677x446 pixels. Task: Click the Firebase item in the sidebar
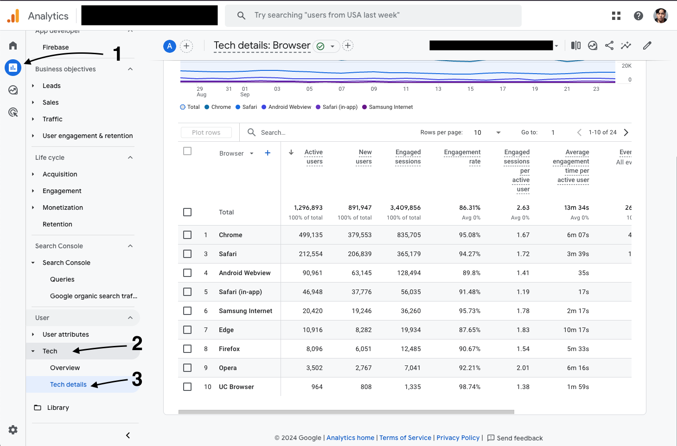(x=56, y=47)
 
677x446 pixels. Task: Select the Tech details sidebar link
(x=68, y=384)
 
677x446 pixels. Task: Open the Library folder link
(x=58, y=408)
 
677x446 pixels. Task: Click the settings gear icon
(x=13, y=430)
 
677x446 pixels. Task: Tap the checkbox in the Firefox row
(x=187, y=349)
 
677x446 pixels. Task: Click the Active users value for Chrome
(x=311, y=235)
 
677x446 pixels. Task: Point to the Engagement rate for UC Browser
(x=469, y=387)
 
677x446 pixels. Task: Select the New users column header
(x=364, y=157)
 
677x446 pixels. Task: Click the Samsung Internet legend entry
(x=390, y=107)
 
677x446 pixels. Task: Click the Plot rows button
(x=206, y=132)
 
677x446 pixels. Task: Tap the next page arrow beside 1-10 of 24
(x=626, y=132)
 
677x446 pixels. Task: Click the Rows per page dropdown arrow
(x=498, y=132)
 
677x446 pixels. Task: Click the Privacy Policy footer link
(x=458, y=438)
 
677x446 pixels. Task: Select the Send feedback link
(x=519, y=438)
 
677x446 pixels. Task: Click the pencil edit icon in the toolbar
(x=647, y=45)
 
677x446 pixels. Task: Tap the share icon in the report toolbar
(x=609, y=45)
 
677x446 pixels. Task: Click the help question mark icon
(x=639, y=16)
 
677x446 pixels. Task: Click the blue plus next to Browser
(x=268, y=153)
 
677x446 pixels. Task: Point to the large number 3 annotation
(x=137, y=379)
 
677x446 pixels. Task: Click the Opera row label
(x=228, y=368)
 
